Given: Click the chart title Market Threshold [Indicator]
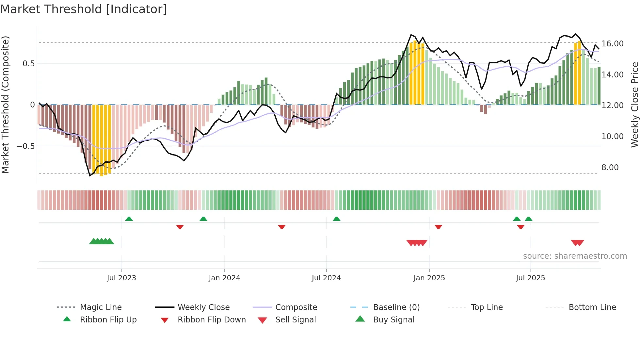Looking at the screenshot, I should [84, 9].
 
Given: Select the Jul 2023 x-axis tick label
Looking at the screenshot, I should [121, 278].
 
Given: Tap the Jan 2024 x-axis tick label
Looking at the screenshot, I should [224, 278].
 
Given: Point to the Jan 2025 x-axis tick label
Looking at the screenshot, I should [429, 278].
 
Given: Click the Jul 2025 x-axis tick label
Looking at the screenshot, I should [530, 278].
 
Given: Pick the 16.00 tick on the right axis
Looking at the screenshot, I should [612, 44].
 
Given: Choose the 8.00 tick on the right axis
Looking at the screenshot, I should [610, 168].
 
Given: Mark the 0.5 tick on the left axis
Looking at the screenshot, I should [28, 64].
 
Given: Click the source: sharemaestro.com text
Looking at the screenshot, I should [575, 256].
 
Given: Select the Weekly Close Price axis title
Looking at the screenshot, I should [634, 105].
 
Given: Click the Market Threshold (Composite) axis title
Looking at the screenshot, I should [5, 105].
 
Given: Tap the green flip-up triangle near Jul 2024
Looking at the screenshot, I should [337, 219].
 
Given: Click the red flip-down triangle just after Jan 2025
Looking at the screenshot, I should [438, 227].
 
